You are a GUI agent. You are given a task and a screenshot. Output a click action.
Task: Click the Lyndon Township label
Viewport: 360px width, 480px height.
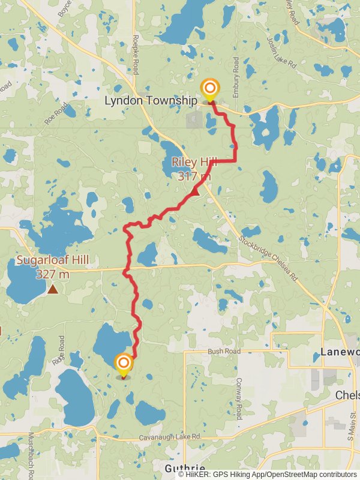pos(151,100)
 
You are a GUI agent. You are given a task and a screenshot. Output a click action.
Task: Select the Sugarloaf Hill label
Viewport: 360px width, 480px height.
pos(52,267)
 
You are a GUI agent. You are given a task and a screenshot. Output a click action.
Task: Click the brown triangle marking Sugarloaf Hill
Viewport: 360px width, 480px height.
pos(53,290)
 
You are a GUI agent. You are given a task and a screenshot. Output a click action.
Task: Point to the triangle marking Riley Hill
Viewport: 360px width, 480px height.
pos(195,191)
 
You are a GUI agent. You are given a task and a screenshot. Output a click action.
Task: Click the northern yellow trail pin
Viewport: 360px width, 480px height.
pos(209,91)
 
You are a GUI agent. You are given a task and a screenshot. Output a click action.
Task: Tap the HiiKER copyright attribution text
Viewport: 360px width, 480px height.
pos(268,475)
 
